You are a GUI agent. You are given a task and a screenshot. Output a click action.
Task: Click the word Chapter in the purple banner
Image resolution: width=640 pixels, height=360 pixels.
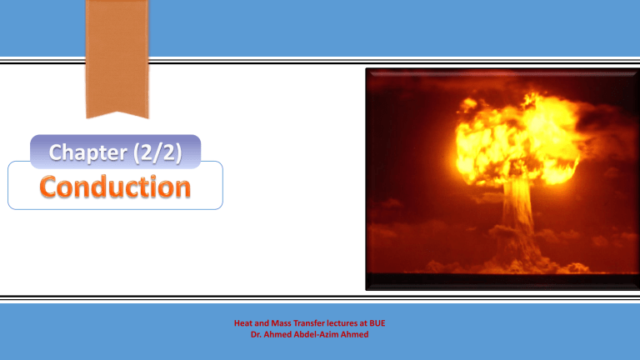(x=87, y=152)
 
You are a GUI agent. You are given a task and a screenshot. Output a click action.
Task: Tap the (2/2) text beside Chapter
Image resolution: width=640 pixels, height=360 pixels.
(x=157, y=152)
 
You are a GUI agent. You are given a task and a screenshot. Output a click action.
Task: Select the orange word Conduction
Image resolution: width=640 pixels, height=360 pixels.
(x=115, y=187)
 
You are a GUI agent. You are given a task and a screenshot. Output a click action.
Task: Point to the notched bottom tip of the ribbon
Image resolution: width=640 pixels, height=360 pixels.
(x=117, y=112)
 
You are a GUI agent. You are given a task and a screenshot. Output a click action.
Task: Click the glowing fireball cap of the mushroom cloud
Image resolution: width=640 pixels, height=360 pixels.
(x=517, y=139)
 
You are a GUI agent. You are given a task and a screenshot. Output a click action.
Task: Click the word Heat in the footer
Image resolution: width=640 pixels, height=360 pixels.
(x=242, y=323)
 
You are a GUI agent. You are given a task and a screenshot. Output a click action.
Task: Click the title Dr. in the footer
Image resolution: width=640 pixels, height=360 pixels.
(x=256, y=335)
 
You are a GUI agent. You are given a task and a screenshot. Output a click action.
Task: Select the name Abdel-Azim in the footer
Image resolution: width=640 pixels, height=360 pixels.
(x=316, y=335)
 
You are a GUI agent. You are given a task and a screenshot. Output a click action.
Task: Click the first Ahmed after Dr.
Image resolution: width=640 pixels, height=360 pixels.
(x=277, y=335)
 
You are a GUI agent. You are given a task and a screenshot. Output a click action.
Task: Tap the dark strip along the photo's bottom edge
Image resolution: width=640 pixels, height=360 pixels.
(x=502, y=281)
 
